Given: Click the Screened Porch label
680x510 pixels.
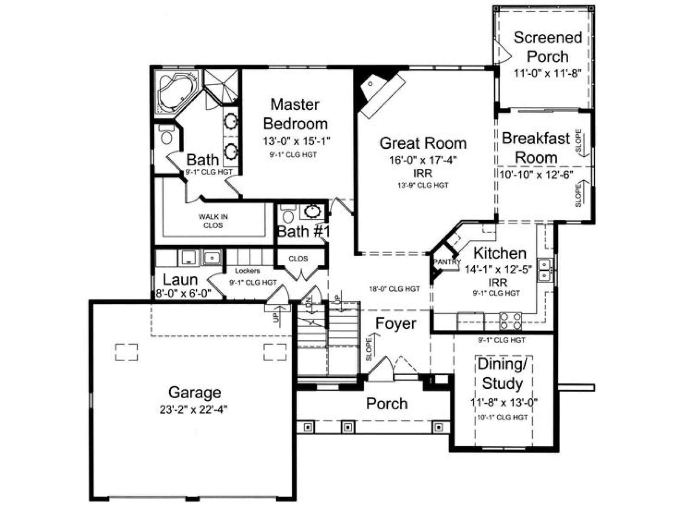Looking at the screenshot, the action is pos(547,47).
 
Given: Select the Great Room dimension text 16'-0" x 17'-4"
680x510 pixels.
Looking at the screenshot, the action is pos(423,160).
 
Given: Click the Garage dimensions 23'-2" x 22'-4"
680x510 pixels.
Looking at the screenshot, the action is pos(194,410).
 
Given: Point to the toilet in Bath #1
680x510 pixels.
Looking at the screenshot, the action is pos(288,214).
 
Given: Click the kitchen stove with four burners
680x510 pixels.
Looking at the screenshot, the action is pos(510,321).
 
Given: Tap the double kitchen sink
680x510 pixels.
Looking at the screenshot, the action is pos(544,270).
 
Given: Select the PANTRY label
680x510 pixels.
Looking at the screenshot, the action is pos(447,262).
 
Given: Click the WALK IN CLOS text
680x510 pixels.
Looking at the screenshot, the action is pos(213,221).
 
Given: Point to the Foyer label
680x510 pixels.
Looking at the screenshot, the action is pos(396,323).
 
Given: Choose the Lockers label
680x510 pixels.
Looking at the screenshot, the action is pos(247,271).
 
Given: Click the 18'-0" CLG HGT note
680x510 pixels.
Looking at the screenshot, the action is pos(394,289).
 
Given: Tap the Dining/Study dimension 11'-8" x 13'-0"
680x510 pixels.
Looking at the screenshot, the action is pos(504,402).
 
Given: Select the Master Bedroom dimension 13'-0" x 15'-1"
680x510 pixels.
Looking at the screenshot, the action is pos(297,141).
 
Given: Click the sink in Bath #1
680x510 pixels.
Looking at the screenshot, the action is pos(312,212).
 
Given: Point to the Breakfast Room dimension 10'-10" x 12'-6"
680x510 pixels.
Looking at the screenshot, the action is pos(536,175).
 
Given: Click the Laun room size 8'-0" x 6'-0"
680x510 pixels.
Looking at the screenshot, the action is pos(184,293).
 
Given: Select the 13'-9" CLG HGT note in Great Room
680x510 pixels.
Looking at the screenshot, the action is pos(423,185).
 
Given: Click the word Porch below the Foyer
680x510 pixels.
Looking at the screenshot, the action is pos(387,403).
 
